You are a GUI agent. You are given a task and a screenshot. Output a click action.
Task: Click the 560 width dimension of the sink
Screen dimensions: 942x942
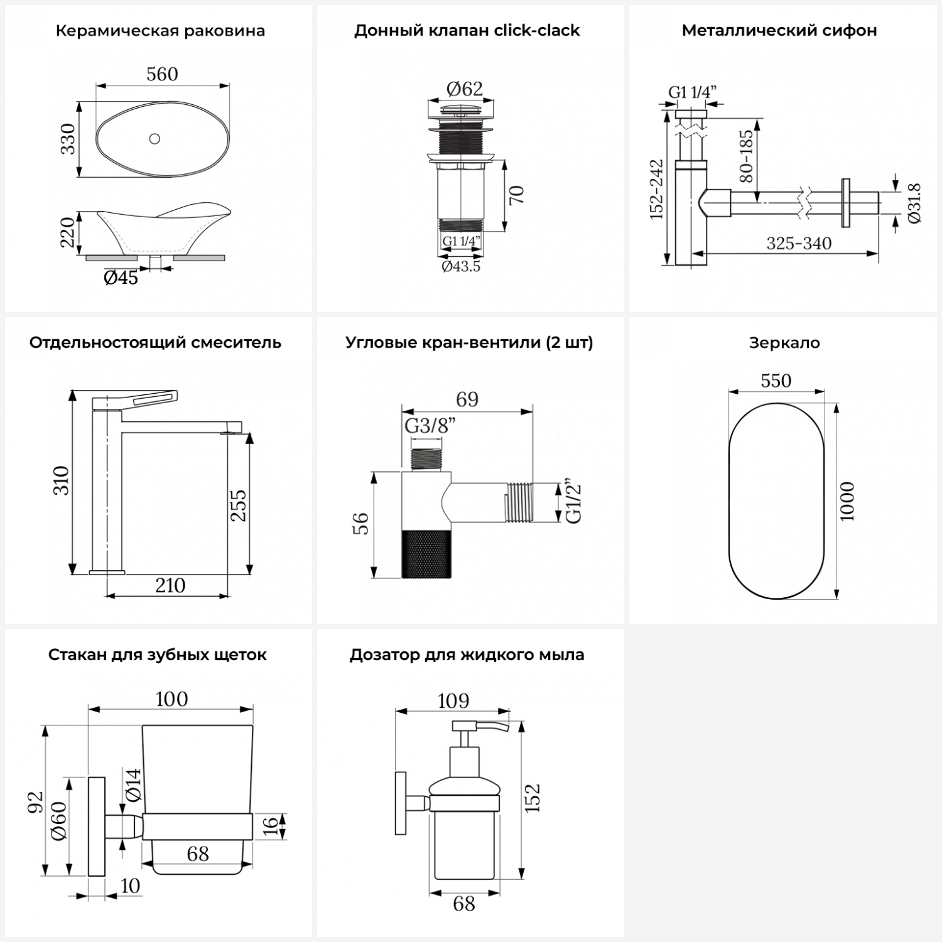162,74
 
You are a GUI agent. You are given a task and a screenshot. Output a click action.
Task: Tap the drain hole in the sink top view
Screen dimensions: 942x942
154,139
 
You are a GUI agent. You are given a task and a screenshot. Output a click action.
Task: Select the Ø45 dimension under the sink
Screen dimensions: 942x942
121,278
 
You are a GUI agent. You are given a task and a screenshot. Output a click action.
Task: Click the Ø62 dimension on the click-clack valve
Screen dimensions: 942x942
465,89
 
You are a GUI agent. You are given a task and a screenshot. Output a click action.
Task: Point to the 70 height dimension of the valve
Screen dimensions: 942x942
516,195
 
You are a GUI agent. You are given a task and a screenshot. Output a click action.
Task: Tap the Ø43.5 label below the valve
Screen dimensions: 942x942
461,266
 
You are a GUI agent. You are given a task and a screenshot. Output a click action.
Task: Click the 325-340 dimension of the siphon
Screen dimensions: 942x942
799,243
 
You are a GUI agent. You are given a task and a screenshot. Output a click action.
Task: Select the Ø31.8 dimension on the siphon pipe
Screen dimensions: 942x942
914,202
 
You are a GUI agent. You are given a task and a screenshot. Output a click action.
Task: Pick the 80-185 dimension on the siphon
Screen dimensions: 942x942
745,156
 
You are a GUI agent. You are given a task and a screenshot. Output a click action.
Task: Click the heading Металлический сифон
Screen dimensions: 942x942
779,30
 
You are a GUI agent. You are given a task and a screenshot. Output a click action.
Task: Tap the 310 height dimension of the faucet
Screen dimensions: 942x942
61,480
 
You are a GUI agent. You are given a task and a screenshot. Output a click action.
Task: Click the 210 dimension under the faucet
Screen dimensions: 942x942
170,585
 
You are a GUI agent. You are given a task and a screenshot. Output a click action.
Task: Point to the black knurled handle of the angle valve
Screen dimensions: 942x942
426,553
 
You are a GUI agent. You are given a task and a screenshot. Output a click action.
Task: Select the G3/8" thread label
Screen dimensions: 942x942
430,426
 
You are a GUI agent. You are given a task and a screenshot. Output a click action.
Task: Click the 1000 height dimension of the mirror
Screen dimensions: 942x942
847,501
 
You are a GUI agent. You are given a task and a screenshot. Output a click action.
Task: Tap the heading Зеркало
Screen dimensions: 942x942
784,343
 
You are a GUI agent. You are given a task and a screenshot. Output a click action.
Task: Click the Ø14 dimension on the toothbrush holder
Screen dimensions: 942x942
133,785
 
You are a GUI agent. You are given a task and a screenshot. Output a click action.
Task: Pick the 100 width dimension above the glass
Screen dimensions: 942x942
171,699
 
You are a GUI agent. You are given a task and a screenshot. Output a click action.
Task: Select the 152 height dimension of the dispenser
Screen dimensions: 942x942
532,798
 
